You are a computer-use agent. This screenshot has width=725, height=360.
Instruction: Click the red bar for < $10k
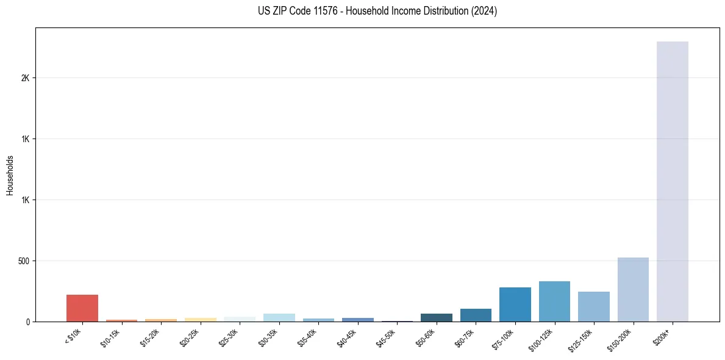[x=82, y=308]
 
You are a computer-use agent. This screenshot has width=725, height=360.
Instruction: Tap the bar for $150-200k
[x=633, y=289]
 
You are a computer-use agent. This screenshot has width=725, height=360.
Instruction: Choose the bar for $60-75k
[x=476, y=315]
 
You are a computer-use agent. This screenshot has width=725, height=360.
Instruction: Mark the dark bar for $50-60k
[x=436, y=317]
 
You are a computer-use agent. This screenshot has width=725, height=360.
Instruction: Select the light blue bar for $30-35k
[x=279, y=317]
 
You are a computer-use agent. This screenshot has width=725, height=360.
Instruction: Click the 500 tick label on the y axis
[x=23, y=261]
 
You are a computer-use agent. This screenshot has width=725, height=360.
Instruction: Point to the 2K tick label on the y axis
[x=25, y=78]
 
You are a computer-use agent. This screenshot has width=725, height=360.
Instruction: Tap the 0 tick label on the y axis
[x=27, y=322]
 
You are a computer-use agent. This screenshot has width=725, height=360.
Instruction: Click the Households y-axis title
[x=10, y=175]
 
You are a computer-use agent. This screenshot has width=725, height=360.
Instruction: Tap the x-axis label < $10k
[x=73, y=336]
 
